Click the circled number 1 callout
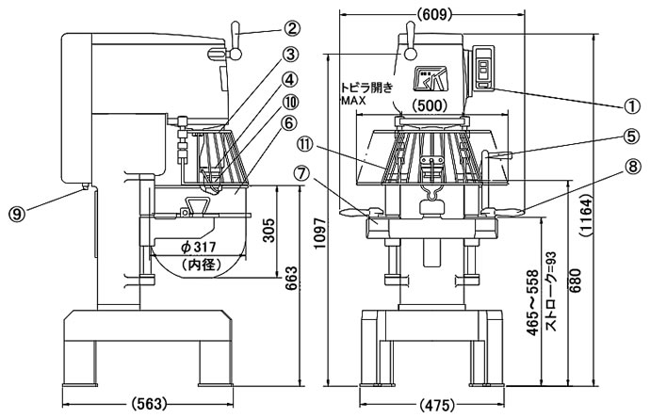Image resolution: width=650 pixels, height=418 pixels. tap(632, 107)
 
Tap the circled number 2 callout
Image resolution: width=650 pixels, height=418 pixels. tap(292, 28)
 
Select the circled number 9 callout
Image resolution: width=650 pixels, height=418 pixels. tap(16, 214)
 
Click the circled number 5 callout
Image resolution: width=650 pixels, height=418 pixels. tap(632, 137)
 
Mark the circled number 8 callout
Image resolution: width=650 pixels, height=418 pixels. tap(632, 167)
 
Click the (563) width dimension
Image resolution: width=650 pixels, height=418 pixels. tap(149, 404)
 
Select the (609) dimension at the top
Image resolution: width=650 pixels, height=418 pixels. tap(433, 14)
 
